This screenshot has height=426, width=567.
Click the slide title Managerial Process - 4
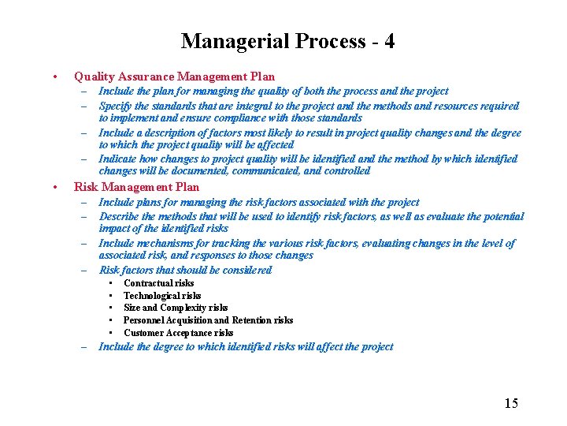pyautogui.click(x=287, y=41)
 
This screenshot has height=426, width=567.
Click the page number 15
pyautogui.click(x=511, y=403)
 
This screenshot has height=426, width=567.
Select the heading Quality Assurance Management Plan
pyautogui.click(x=174, y=77)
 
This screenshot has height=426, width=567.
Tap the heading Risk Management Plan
pyautogui.click(x=136, y=187)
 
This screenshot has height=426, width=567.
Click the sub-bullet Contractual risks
pyautogui.click(x=158, y=283)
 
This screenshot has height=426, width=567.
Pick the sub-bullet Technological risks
pyautogui.click(x=162, y=296)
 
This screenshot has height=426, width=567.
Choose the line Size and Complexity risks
pyautogui.click(x=176, y=308)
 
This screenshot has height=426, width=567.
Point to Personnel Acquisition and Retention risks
pyautogui.click(x=208, y=320)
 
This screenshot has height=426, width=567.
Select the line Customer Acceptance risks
pyautogui.click(x=178, y=333)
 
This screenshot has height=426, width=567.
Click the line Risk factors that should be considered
pyautogui.click(x=185, y=270)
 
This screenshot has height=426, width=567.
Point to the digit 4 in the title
pyautogui.click(x=389, y=41)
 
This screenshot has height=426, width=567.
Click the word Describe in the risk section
pyautogui.click(x=119, y=216)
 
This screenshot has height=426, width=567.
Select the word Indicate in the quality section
pyautogui.click(x=118, y=159)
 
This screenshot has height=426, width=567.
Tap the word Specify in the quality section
pyautogui.click(x=117, y=105)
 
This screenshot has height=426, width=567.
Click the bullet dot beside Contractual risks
pyautogui.click(x=111, y=283)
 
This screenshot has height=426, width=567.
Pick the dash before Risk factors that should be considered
pyautogui.click(x=83, y=270)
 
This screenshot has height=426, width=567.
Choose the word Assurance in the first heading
pyautogui.click(x=145, y=77)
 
